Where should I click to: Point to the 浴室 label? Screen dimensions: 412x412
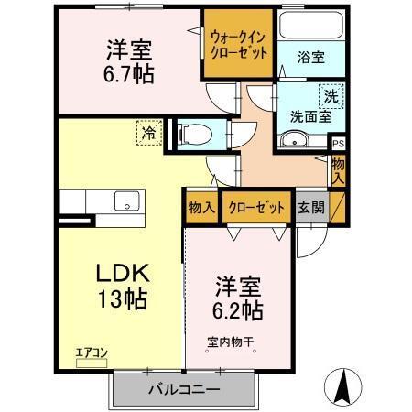tap(310, 57)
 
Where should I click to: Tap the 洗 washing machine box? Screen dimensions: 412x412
tap(328, 95)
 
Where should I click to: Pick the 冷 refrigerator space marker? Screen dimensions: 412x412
tap(148, 134)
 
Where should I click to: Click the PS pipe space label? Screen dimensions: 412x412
tap(338, 144)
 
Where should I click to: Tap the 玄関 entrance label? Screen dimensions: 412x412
tap(309, 207)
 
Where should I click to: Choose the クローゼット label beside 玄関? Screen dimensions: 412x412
tap(256, 207)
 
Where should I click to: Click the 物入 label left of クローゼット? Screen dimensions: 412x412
tap(201, 207)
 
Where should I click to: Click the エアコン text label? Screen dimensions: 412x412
tap(92, 351)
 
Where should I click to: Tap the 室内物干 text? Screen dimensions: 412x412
tap(230, 344)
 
